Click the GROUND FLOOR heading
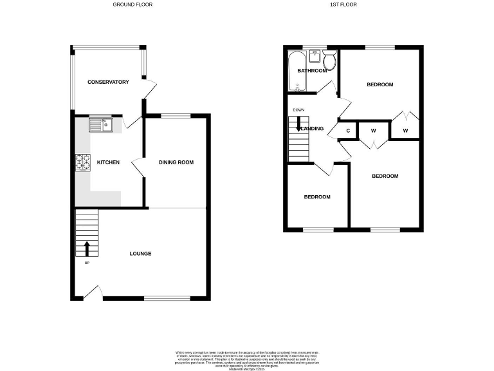click(x=133, y=5)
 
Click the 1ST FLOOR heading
click(x=343, y=5)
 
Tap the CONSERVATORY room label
click(x=108, y=82)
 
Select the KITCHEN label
click(x=108, y=162)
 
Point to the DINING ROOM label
click(x=176, y=162)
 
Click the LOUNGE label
click(x=140, y=254)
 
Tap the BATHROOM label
click(x=312, y=71)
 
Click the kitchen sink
click(x=101, y=125)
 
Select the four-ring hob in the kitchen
click(x=82, y=162)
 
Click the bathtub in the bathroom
click(x=297, y=71)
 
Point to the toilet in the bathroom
click(x=329, y=61)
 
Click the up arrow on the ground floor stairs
click(x=87, y=248)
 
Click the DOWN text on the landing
click(x=298, y=110)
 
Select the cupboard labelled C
click(x=348, y=131)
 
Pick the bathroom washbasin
click(x=316, y=54)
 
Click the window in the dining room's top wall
click(x=175, y=116)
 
